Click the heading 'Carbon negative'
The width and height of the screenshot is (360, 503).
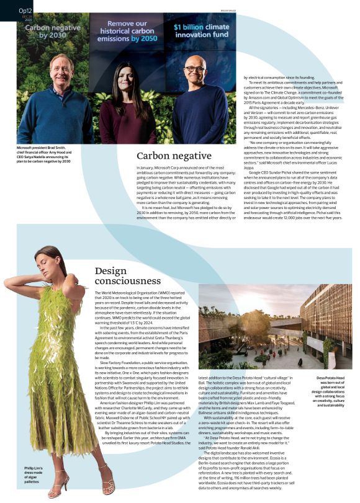coord(174,156)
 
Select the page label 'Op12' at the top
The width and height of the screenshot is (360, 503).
coord(25,11)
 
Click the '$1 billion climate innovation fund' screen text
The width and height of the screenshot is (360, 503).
coord(202,31)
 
